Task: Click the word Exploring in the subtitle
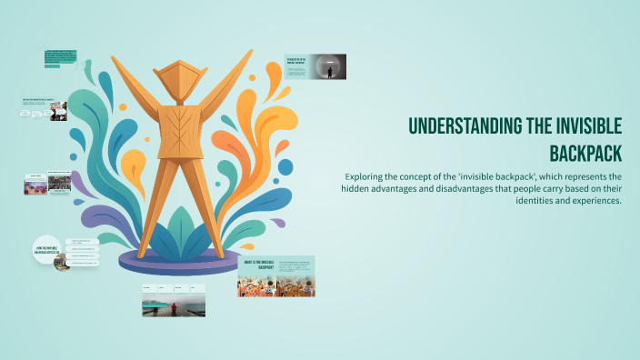pyautogui.click(x=365, y=175)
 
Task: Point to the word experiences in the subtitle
pyautogui.click(x=595, y=201)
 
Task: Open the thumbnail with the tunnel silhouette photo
pyautogui.click(x=315, y=67)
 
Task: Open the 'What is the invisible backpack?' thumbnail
pyautogui.click(x=276, y=276)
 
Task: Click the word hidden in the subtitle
pyautogui.click(x=356, y=188)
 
